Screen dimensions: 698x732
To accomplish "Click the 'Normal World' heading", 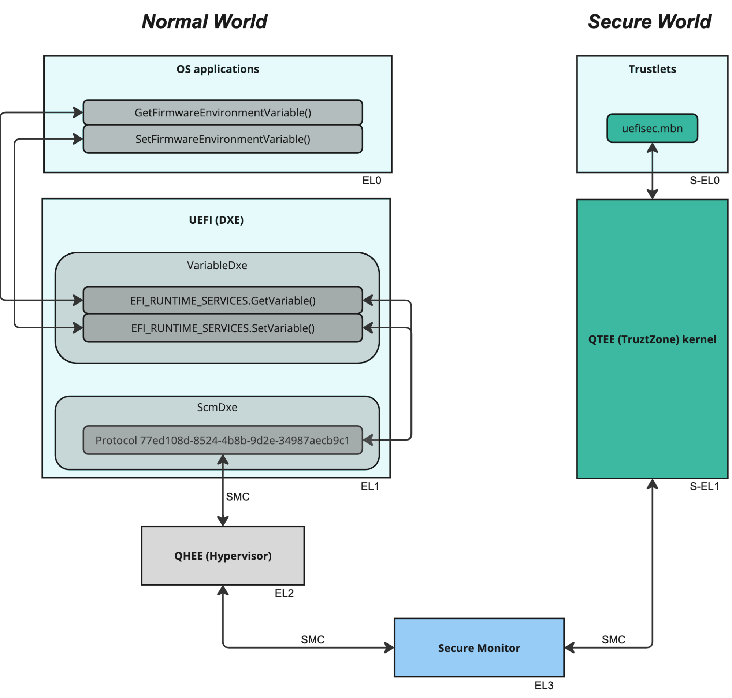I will pos(204,22).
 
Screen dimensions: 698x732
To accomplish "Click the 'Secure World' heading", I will pos(650,22).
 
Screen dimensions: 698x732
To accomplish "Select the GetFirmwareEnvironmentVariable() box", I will pos(223,112).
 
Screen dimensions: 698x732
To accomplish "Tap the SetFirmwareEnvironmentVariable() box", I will pos(223,139).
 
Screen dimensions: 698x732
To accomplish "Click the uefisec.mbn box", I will pos(652,129).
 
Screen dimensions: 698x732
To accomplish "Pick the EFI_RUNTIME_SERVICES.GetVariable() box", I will pos(223,300).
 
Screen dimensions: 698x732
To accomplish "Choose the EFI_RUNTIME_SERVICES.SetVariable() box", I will pos(223,328).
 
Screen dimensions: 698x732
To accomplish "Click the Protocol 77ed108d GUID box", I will pos(223,440).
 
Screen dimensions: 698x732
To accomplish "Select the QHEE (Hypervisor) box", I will pos(223,556).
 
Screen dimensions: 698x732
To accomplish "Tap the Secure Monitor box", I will pos(479,648).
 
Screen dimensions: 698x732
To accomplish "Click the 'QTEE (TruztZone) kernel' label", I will pos(652,339).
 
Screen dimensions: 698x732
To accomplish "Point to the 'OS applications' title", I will pos(218,69).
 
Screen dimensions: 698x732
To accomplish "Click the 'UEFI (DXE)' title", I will pos(216,220).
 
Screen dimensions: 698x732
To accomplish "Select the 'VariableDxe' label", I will pos(217,265).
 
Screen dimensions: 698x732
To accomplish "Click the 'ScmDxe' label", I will pos(217,407).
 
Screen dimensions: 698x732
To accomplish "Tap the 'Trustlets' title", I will pos(652,69).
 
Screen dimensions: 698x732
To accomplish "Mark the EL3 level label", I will pos(544,685).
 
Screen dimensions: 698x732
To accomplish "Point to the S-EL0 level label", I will pos(705,181).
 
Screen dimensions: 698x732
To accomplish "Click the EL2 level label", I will pos(284,593).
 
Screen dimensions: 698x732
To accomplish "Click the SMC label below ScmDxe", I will pos(238,496).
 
